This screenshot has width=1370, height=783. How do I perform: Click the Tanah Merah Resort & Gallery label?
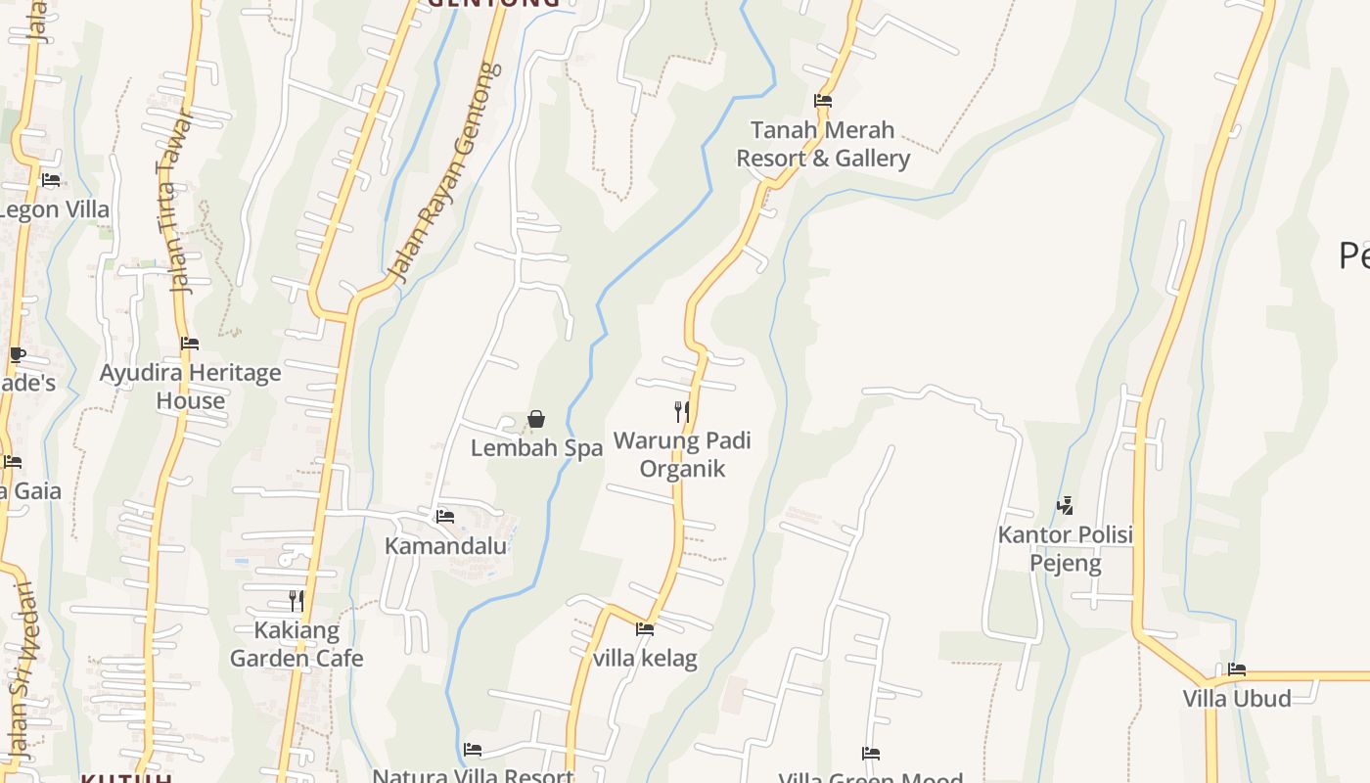tap(823, 144)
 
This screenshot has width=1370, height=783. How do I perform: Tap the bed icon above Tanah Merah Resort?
tap(823, 100)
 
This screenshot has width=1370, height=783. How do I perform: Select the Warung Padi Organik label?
tap(682, 454)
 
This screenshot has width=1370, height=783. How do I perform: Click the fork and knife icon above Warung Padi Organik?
tap(682, 411)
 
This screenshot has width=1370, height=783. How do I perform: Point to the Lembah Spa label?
tap(536, 448)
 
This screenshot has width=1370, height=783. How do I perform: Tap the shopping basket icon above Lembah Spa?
tap(536, 419)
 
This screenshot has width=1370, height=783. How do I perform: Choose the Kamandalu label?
tap(445, 546)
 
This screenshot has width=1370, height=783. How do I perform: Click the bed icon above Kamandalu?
tap(445, 516)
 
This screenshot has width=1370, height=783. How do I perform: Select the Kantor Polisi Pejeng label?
tap(1065, 549)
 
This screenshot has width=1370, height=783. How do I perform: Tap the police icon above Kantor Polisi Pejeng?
tap(1065, 506)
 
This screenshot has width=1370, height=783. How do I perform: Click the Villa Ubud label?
tap(1237, 699)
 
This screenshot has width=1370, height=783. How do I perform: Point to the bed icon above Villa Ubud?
tap(1237, 669)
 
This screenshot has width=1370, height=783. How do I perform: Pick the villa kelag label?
tap(645, 659)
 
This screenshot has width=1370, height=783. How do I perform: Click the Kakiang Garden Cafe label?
tap(297, 644)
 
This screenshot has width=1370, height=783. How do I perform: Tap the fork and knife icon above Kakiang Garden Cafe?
tap(297, 600)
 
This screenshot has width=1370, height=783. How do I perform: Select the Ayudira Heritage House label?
tap(190, 387)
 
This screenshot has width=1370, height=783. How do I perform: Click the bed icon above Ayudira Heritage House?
tap(190, 344)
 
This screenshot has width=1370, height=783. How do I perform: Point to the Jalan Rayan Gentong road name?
tap(445, 173)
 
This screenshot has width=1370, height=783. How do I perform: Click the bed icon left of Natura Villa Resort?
tap(473, 750)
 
